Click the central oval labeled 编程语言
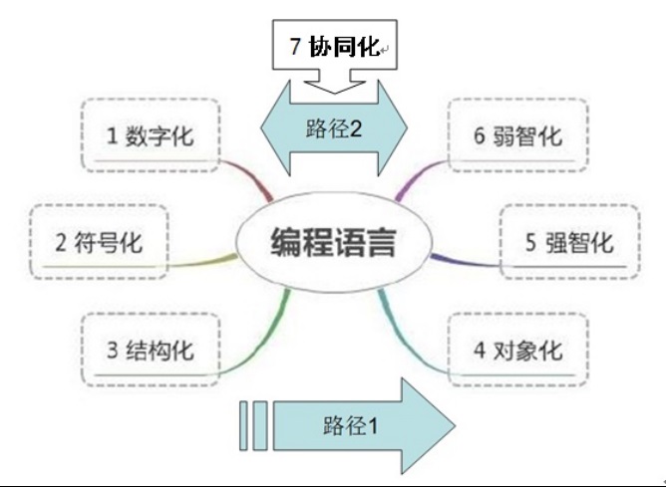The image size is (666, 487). pyautogui.click(x=333, y=242)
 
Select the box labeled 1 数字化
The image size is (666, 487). pyautogui.click(x=149, y=135)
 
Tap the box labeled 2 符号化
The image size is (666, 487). pyautogui.click(x=99, y=242)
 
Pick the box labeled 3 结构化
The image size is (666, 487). pyautogui.click(x=149, y=350)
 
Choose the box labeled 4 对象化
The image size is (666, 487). pyautogui.click(x=517, y=350)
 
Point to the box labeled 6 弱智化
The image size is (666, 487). pyautogui.click(x=517, y=135)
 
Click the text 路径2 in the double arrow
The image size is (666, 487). pyautogui.click(x=332, y=127)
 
